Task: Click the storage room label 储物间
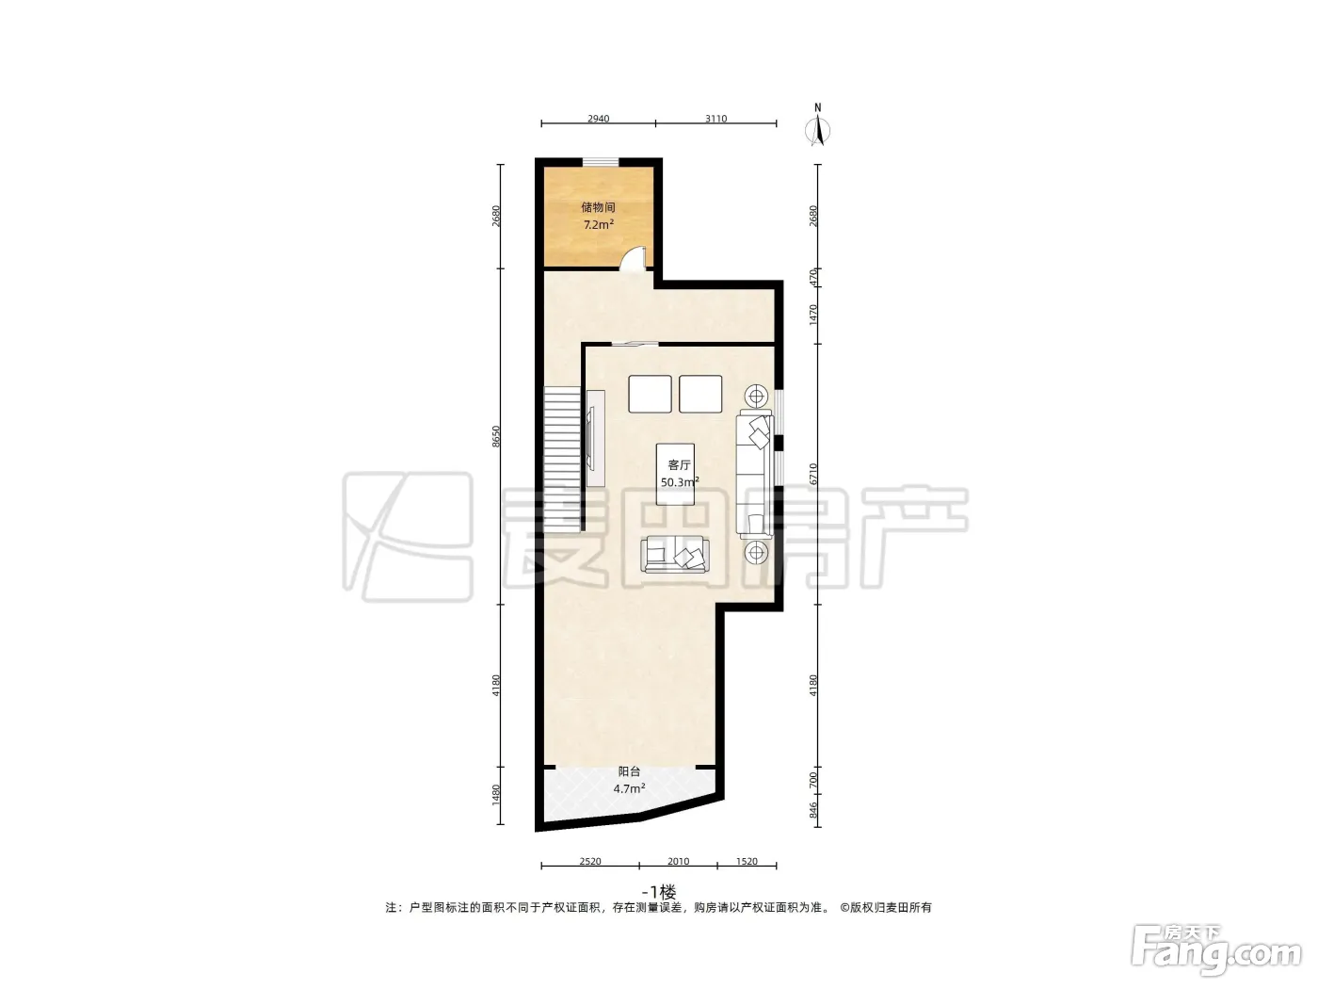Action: [x=598, y=208]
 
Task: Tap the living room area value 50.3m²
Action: [x=679, y=482]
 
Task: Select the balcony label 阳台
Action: [x=629, y=771]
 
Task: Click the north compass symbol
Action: [x=817, y=126]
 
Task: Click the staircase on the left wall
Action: [x=563, y=458]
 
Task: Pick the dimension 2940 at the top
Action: [x=598, y=119]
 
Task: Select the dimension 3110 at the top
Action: [x=715, y=119]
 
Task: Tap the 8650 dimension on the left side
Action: [x=496, y=436]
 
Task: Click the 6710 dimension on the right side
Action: [x=813, y=474]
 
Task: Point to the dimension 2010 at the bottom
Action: [x=678, y=862]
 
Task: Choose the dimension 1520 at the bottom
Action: [x=747, y=862]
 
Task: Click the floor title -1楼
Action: [x=659, y=891]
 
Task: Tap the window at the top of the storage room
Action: [x=601, y=161]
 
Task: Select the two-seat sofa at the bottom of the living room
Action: [x=675, y=556]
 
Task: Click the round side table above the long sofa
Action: [x=757, y=397]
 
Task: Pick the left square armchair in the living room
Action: [x=650, y=394]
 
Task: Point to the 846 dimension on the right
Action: [x=813, y=810]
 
